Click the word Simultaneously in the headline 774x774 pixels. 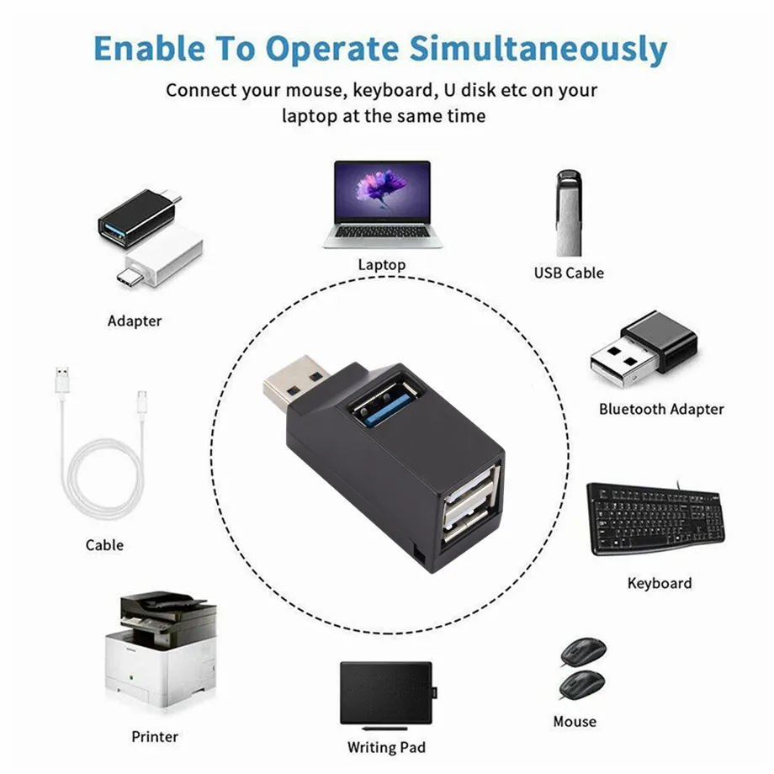click(538, 49)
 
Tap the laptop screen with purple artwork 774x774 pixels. click(382, 192)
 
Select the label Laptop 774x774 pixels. click(382, 265)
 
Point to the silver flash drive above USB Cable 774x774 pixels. click(569, 213)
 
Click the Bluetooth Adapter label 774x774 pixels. click(661, 409)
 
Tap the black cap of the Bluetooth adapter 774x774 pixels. click(659, 341)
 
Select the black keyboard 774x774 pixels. click(655, 517)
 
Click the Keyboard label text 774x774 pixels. click(660, 584)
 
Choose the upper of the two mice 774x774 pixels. click(584, 651)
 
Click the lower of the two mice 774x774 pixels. click(582, 684)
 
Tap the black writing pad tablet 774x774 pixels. click(387, 692)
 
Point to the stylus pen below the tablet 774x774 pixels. click(385, 728)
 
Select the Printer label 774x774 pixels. click(155, 736)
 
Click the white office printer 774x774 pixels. click(161, 649)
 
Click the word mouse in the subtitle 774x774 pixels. click(314, 91)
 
